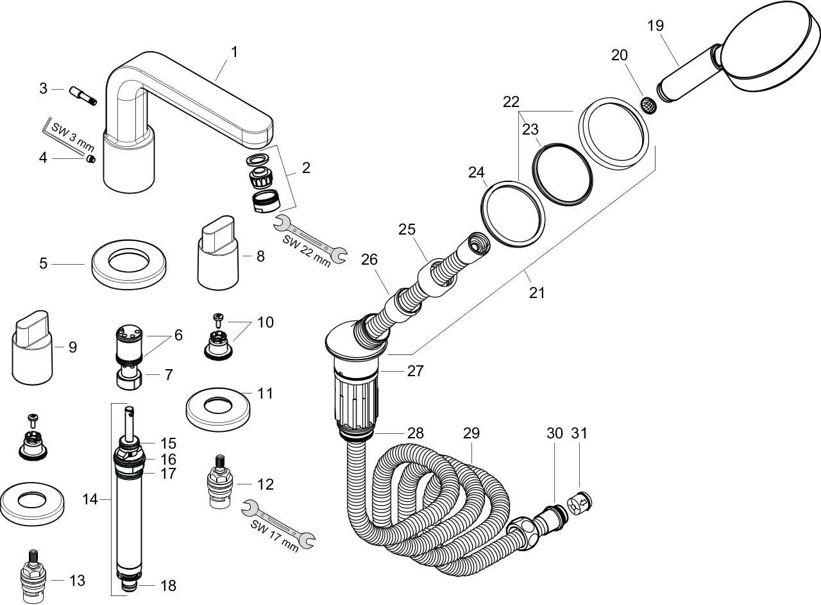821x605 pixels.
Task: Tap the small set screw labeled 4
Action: (91, 159)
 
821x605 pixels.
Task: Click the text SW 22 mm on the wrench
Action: (307, 249)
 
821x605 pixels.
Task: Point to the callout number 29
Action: (471, 433)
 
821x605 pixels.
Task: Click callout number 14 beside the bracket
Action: (90, 498)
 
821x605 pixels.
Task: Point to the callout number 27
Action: (415, 370)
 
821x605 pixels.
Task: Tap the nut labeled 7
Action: (131, 377)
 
